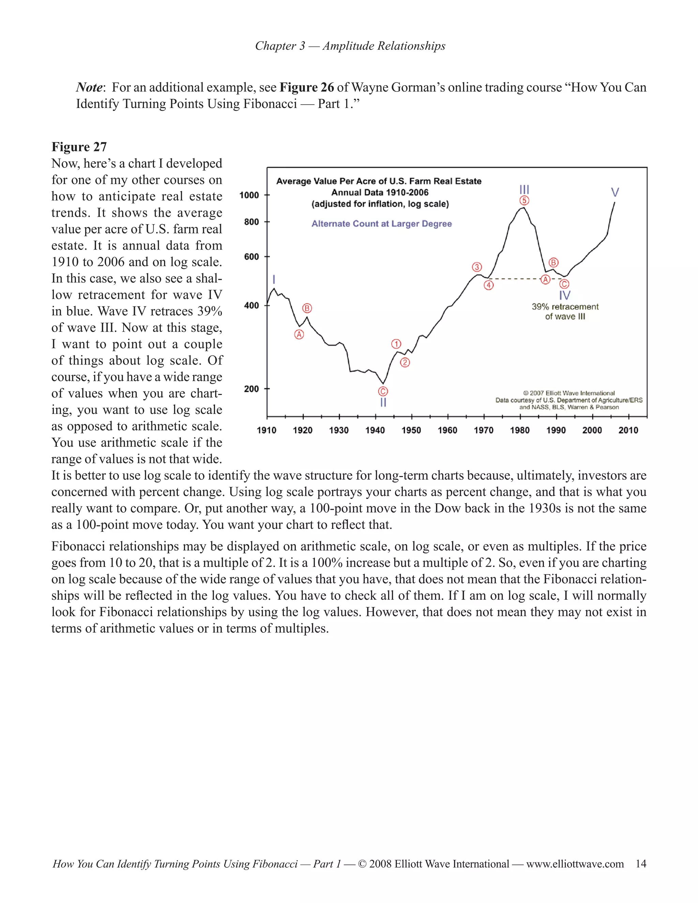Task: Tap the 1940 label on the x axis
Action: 375,430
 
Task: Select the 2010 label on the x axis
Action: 628,430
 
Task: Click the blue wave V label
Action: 615,192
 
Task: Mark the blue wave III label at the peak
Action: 524,190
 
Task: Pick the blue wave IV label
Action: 564,295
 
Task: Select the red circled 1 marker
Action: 396,344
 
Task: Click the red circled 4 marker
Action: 489,285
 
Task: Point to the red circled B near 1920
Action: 307,308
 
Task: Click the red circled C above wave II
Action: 383,392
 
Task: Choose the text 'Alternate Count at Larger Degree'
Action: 381,224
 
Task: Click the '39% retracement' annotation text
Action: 565,307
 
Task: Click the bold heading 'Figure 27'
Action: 79,147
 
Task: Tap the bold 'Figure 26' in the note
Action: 306,87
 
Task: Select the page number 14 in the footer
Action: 640,864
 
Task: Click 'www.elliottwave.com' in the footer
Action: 575,864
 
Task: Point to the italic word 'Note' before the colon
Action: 89,87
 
